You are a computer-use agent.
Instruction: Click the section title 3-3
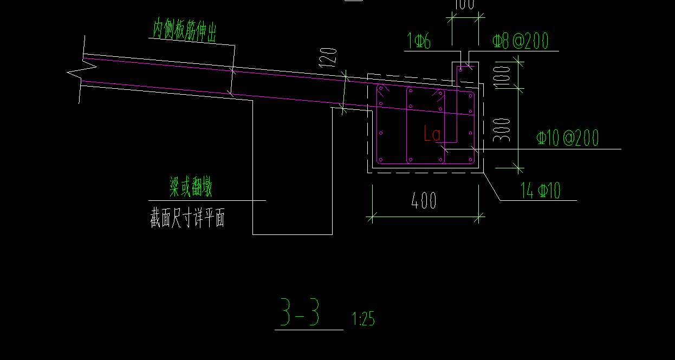click(300, 313)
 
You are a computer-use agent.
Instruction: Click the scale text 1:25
click(363, 319)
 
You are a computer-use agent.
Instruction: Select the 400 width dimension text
click(424, 201)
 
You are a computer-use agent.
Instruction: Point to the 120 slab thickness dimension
click(328, 57)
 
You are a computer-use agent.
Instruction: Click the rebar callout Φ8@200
click(520, 41)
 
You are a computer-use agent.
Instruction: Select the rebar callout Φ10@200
click(568, 138)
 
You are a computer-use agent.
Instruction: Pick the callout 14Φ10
click(541, 191)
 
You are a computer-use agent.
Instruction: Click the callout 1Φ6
click(419, 41)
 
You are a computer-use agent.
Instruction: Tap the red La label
click(433, 134)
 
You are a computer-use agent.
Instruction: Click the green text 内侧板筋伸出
click(185, 30)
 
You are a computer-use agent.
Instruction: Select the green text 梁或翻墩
click(191, 188)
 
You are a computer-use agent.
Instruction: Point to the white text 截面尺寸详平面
click(187, 219)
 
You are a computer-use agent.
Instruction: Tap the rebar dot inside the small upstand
click(460, 69)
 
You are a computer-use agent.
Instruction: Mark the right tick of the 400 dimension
click(479, 218)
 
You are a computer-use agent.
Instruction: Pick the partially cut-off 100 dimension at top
click(464, 5)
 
